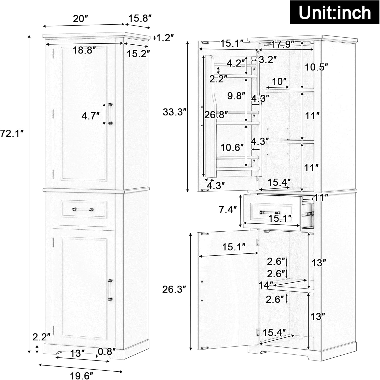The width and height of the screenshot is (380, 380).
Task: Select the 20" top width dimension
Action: coord(80,19)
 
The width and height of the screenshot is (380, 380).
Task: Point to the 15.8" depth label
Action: coord(140,18)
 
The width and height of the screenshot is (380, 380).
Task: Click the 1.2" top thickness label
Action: coord(165,38)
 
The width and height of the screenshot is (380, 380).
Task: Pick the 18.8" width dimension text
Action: coord(84,50)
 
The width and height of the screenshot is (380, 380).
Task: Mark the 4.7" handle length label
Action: coord(90,116)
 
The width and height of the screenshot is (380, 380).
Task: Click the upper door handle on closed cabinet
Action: coord(110,113)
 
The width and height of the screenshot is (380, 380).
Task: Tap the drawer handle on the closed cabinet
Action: coord(83,210)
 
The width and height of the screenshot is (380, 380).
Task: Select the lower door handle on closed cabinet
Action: coord(110,290)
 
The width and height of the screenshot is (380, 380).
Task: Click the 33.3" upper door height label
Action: coord(175,112)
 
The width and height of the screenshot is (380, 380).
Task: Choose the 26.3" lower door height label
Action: coord(174,289)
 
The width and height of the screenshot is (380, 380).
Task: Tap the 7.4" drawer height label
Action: coord(228,210)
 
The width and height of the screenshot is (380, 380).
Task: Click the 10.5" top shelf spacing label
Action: coord(316,67)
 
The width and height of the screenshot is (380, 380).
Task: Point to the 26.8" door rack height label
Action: coord(216,115)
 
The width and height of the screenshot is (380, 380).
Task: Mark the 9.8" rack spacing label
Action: coord(236,96)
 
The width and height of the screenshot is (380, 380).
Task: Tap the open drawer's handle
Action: coord(270,212)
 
